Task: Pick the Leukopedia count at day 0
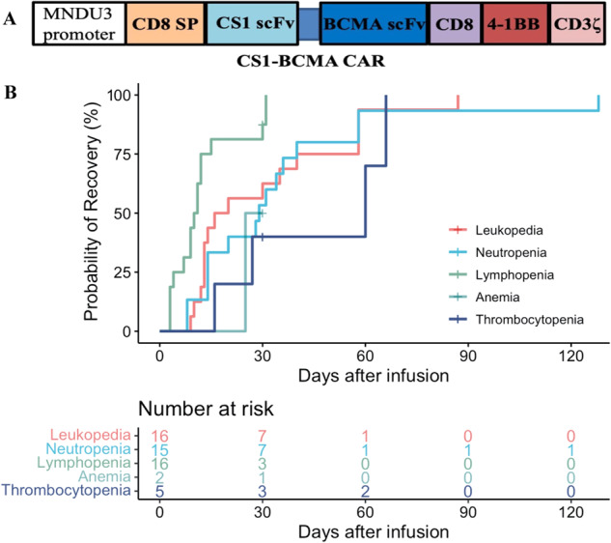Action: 159,437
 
